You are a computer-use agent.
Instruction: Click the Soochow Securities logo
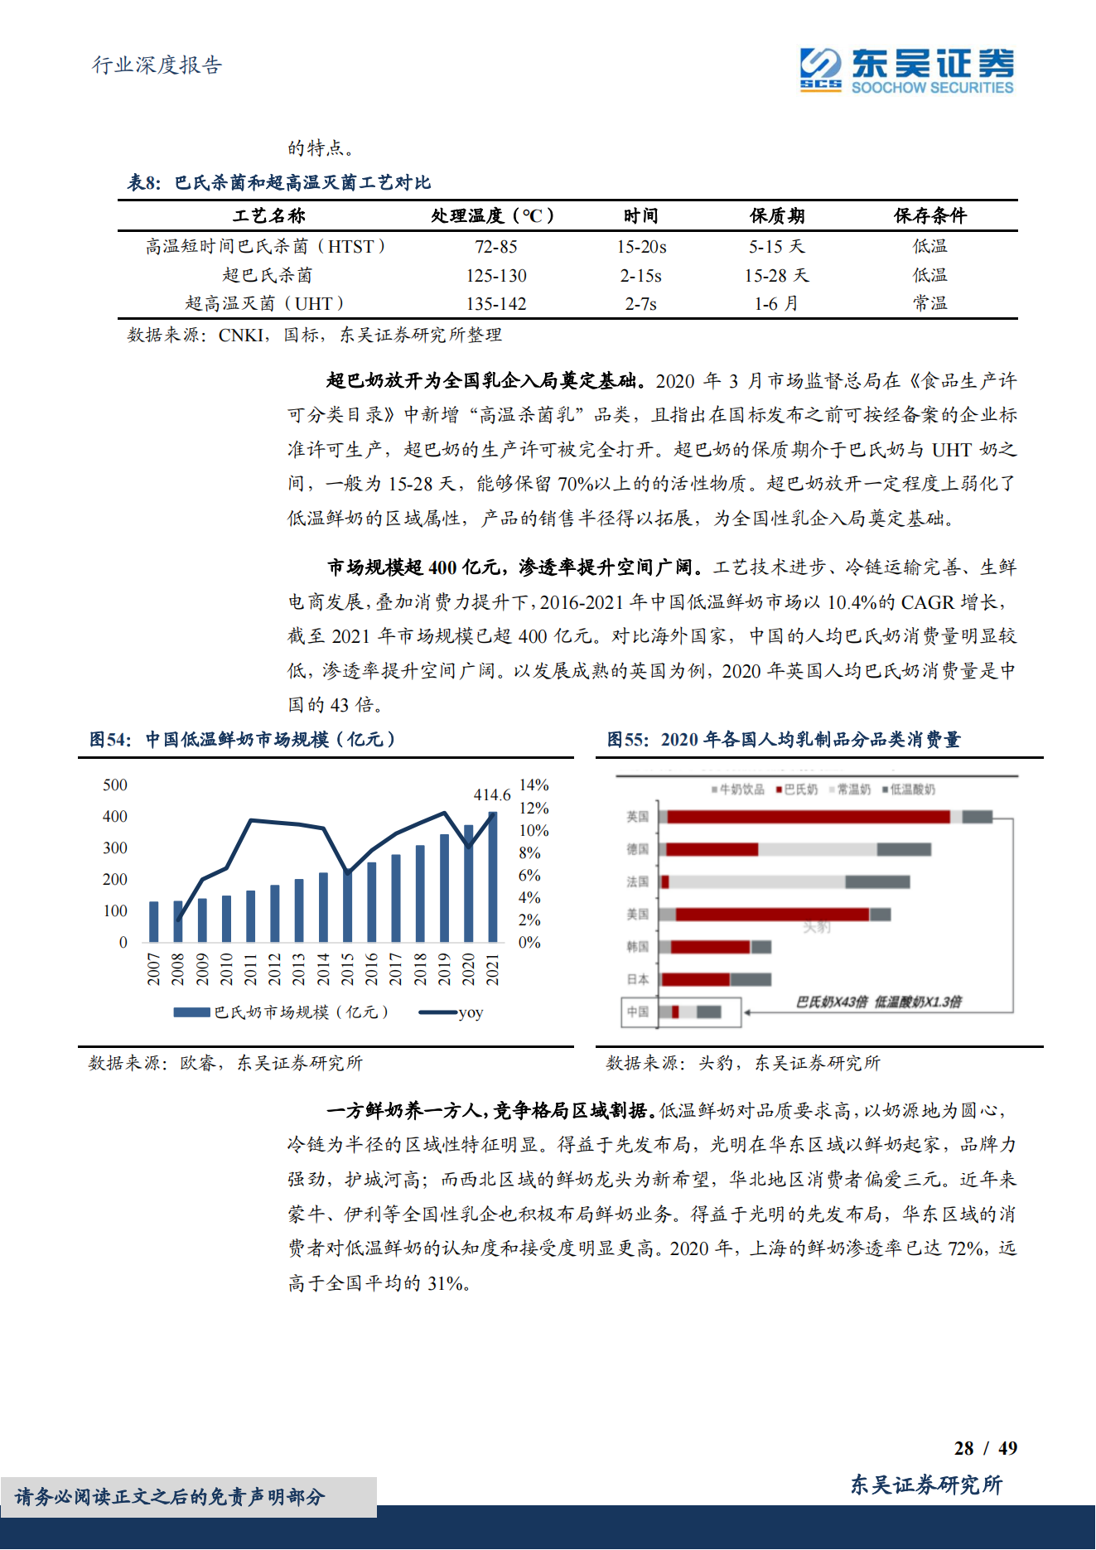(906, 70)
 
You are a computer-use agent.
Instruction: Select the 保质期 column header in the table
(776, 216)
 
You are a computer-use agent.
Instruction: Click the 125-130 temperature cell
(495, 276)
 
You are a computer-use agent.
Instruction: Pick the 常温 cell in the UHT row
(929, 304)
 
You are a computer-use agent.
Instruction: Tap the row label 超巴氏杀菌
(267, 276)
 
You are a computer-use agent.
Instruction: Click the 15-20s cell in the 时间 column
(641, 247)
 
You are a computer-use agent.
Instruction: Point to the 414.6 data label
(491, 794)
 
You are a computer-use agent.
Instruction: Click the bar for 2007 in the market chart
(154, 921)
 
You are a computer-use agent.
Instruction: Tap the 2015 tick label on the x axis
(347, 968)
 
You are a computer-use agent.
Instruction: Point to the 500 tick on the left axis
(115, 785)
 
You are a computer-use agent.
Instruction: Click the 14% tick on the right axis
(534, 785)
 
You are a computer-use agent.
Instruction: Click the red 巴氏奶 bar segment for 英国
(808, 817)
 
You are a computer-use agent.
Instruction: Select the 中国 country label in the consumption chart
(637, 1012)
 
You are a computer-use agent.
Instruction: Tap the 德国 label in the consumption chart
(637, 849)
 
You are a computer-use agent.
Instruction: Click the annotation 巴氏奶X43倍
(831, 1002)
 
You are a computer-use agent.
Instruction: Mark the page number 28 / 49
(985, 1448)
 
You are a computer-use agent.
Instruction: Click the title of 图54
(242, 739)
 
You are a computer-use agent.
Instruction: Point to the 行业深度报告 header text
(157, 65)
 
